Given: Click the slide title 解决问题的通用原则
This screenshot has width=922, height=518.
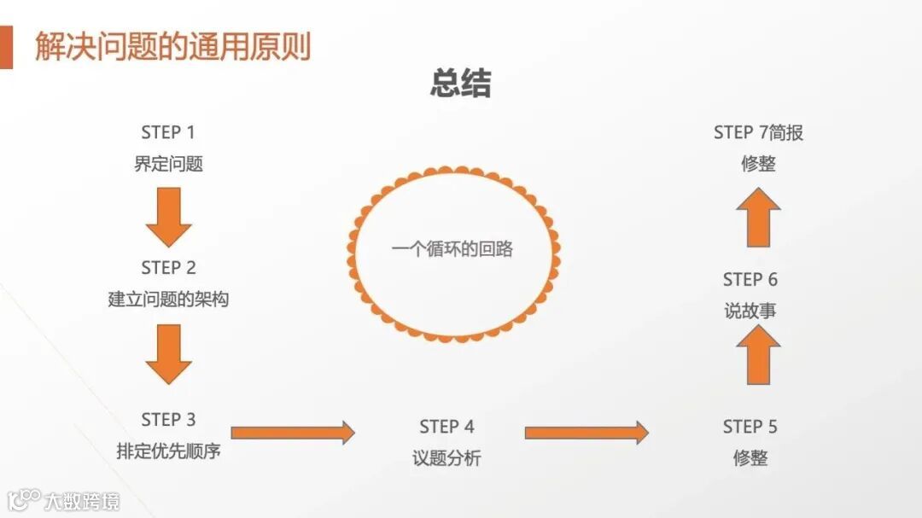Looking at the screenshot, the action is coord(172,46).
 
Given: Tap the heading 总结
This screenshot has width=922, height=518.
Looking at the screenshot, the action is coord(461,84).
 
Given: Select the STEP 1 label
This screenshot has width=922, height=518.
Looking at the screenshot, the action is coord(168,132).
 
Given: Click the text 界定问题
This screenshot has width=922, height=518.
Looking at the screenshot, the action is coord(168,164).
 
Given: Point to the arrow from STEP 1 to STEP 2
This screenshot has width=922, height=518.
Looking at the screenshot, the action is coord(168,217).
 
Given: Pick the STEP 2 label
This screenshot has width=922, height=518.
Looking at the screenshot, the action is coord(168,268).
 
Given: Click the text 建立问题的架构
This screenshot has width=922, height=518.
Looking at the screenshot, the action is coord(168,300).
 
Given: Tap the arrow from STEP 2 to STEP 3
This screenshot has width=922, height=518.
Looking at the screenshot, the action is coord(168,353).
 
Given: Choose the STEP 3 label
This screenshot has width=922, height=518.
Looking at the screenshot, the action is coord(168,420).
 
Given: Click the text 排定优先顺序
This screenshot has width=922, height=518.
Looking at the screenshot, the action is coord(168,451).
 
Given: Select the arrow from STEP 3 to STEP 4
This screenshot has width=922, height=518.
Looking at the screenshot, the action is coord(293,433).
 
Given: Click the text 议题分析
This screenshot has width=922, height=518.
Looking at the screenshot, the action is coord(446,458).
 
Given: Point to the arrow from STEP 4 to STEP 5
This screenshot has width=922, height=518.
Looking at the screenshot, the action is coord(586,433).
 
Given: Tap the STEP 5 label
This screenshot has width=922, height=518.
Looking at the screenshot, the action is coord(750,427).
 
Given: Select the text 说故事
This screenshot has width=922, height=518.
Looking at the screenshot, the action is coord(750,311).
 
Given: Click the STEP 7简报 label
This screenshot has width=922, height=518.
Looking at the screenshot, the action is coord(758,132).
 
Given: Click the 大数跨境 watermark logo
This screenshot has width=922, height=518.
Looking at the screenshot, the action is coord(64,500).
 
